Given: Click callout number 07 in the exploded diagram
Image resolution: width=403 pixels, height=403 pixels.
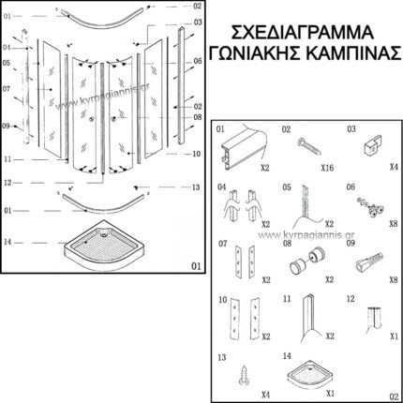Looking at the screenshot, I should click(7, 90).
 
